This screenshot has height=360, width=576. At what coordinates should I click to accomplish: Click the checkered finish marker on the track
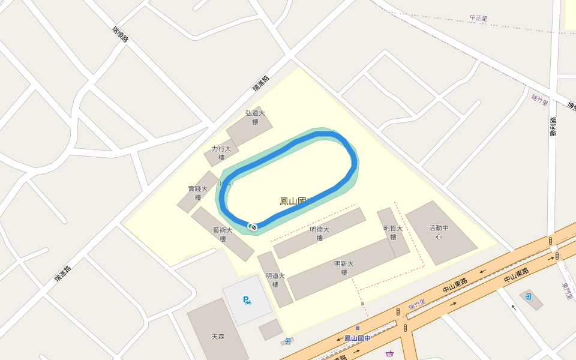tap(254, 227)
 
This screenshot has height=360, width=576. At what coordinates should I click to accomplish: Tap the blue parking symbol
tap(247, 300)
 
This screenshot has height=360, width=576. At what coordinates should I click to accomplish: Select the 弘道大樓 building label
tap(255, 117)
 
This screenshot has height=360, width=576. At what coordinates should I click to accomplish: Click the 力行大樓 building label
tap(221, 153)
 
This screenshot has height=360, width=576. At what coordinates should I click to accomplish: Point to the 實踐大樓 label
tap(198, 193)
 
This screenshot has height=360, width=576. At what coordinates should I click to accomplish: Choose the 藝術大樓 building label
tap(223, 234)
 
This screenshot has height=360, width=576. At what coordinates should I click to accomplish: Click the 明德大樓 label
tap(320, 233)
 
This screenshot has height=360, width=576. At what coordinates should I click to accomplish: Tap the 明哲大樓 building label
tap(393, 232)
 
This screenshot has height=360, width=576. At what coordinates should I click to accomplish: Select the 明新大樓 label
tap(344, 268)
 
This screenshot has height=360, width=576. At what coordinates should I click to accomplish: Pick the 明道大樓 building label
tap(275, 280)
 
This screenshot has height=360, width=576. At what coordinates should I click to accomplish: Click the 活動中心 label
tap(439, 232)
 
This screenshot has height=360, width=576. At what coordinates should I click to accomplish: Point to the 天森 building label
tap(218, 337)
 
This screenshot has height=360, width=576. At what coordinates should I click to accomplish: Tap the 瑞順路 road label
tap(121, 34)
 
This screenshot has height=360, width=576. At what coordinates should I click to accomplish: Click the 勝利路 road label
tap(553, 127)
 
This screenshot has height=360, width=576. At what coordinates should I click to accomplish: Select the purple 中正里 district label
tap(479, 18)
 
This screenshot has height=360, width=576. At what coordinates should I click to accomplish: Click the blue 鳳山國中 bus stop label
tap(357, 338)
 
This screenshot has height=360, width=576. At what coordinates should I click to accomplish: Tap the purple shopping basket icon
tap(390, 353)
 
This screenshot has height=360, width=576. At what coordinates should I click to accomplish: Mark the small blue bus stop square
tap(358, 328)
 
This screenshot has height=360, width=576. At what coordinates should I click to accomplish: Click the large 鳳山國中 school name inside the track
tap(296, 201)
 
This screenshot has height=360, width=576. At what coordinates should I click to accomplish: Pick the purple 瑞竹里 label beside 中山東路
tap(417, 305)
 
